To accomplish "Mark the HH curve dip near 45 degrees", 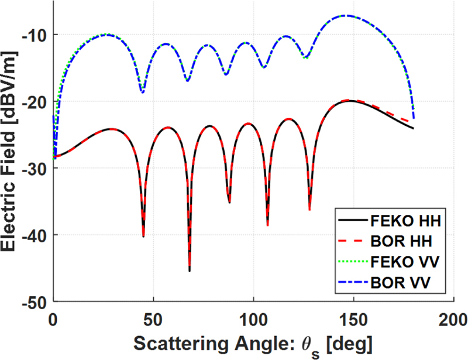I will coord(143,236).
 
